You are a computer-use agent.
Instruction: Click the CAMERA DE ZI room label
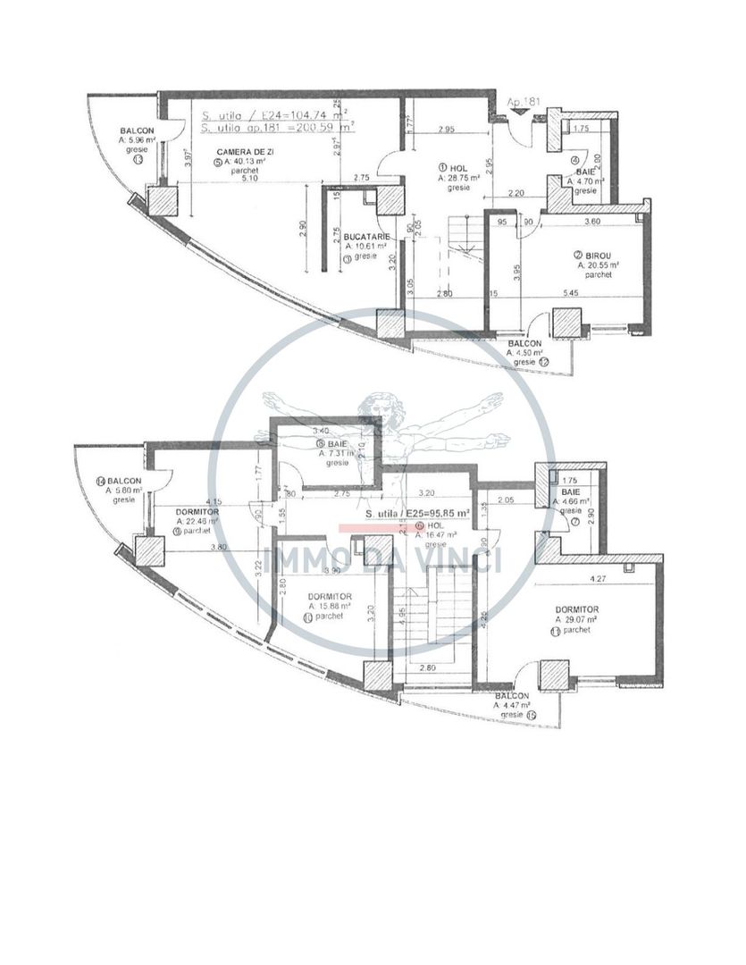pyautogui.click(x=239, y=153)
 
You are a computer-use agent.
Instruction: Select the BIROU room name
pyautogui.click(x=591, y=255)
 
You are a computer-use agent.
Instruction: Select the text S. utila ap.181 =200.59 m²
pyautogui.click(x=277, y=128)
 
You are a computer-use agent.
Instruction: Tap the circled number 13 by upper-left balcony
pyautogui.click(x=138, y=161)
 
